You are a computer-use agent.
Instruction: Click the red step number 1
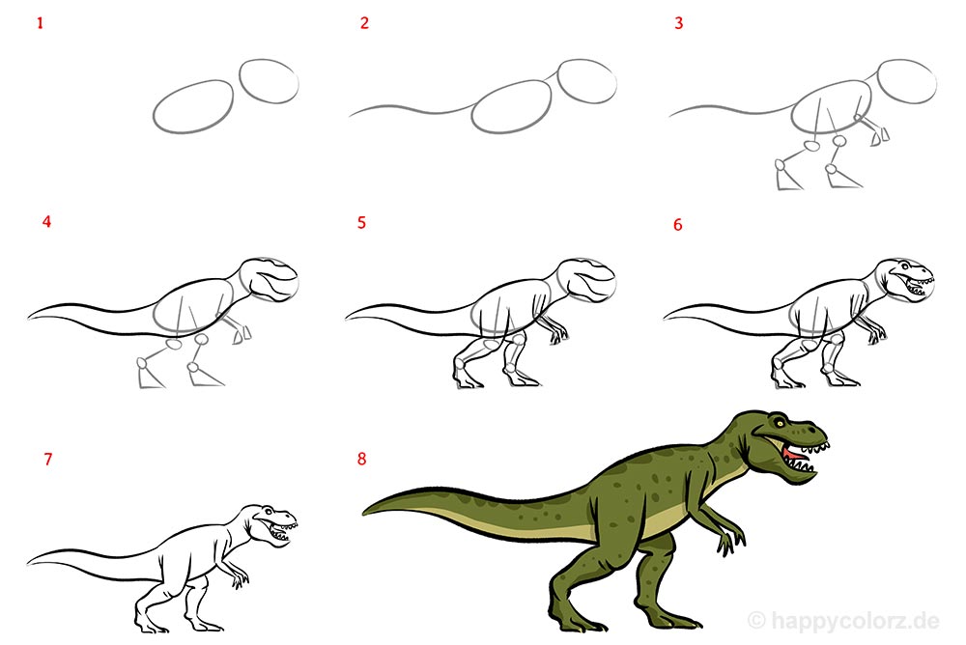pyautogui.click(x=40, y=23)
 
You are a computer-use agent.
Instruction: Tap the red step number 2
pyautogui.click(x=364, y=23)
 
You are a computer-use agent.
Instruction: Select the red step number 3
pyautogui.click(x=678, y=23)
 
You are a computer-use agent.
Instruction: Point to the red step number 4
pyautogui.click(x=46, y=222)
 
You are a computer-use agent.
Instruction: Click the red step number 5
pyautogui.click(x=361, y=222)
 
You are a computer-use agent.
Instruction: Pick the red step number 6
pyautogui.click(x=678, y=224)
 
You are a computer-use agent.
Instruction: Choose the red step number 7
pyautogui.click(x=48, y=459)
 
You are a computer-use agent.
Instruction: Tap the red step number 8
pyautogui.click(x=361, y=459)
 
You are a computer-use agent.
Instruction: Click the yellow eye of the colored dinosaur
pyautogui.click(x=781, y=423)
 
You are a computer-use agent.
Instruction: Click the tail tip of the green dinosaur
pyautogui.click(x=363, y=512)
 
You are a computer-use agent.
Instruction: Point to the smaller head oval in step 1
pyautogui.click(x=269, y=81)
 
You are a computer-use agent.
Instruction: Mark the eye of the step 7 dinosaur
pyautogui.click(x=268, y=512)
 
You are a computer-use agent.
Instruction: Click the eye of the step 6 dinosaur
pyautogui.click(x=906, y=266)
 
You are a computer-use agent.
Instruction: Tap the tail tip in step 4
pyautogui.click(x=29, y=318)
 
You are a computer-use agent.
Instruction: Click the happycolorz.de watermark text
pyautogui.click(x=854, y=620)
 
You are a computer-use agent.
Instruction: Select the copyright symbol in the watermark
pyautogui.click(x=756, y=620)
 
